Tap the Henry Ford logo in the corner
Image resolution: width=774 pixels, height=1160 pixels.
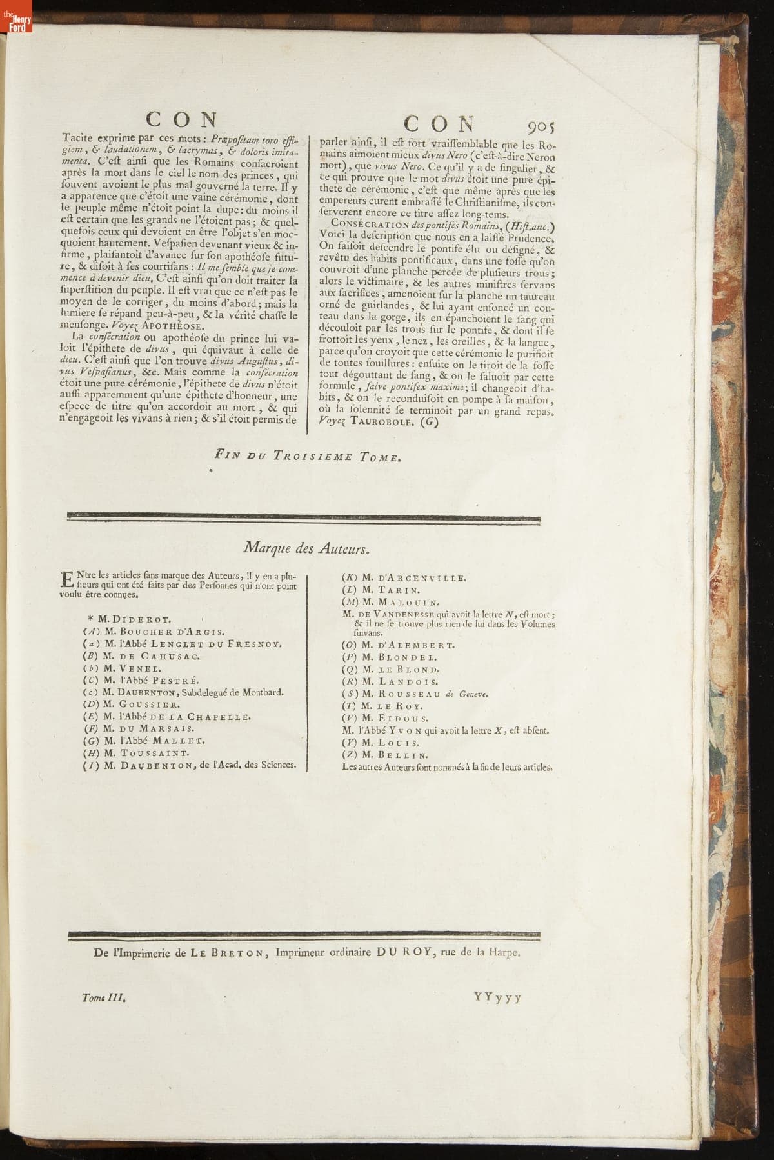15,23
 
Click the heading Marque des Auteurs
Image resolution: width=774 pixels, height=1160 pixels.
306,548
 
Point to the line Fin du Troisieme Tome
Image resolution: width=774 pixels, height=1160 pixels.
308,457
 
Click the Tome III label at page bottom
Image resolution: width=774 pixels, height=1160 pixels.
103,997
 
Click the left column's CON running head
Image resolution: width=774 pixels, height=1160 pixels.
183,120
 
